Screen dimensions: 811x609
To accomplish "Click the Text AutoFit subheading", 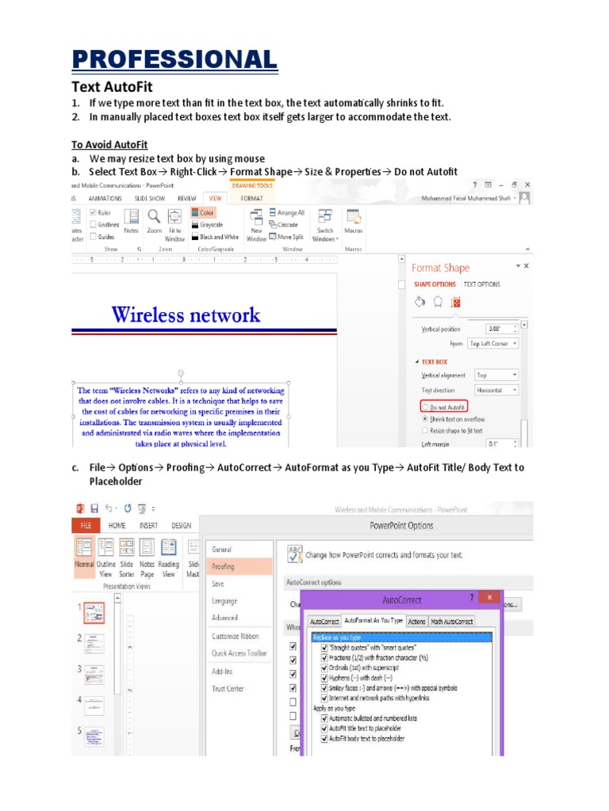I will (x=112, y=86).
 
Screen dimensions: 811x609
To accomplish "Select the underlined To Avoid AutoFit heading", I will (x=109, y=145).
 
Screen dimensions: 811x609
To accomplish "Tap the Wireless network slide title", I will (x=186, y=315).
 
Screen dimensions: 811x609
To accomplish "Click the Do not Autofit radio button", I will (x=426, y=406).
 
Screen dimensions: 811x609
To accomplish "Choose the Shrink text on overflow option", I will (x=426, y=418).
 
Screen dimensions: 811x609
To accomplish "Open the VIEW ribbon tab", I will (x=213, y=198).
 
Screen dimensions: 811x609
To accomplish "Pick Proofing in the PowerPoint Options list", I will (x=224, y=566).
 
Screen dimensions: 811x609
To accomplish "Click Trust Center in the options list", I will (x=228, y=688).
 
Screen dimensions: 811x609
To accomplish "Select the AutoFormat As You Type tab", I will (x=373, y=622).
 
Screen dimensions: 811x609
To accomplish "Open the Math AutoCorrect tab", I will (x=452, y=622).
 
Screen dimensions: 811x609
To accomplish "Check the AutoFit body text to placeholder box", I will (x=324, y=738).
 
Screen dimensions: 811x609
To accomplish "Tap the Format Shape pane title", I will (x=440, y=268).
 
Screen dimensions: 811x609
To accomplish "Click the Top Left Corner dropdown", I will (x=493, y=344).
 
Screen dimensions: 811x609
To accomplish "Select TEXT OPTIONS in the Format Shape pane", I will (x=481, y=284).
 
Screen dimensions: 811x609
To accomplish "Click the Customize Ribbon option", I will (x=236, y=636).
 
